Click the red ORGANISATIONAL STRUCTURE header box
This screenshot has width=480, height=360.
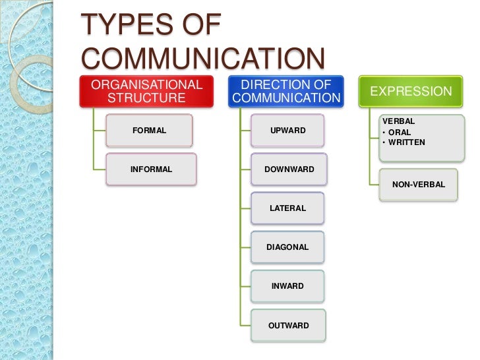147,92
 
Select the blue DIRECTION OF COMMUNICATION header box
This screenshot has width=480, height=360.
287,92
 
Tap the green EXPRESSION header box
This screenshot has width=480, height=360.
411,92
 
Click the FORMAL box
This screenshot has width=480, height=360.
150,131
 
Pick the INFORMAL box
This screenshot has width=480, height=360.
152,169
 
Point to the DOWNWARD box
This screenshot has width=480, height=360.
289,169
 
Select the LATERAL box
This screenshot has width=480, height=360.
288,208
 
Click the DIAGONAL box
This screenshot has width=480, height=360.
287,247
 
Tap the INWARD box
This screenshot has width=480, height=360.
288,286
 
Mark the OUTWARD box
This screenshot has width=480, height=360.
288,325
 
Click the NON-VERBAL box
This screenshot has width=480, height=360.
419,185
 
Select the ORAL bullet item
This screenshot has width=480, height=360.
400,132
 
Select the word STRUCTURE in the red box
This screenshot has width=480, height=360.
146,99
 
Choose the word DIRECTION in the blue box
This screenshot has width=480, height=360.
277,84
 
